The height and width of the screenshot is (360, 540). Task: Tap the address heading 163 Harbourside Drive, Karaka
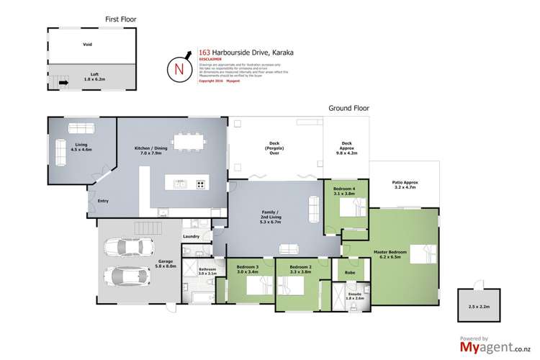tap(235, 52)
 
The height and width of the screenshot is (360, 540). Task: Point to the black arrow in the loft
tap(63, 83)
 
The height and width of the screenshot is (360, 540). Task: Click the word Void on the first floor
tap(86, 44)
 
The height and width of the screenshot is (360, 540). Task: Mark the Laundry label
tap(191, 236)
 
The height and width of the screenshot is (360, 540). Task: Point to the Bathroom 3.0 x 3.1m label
tap(207, 271)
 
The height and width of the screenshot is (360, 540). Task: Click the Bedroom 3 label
tap(247, 271)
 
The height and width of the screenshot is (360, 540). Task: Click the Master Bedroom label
tap(390, 253)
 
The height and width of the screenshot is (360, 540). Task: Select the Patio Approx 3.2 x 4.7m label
tap(405, 185)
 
